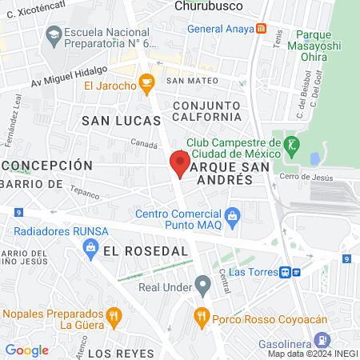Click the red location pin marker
(179, 162)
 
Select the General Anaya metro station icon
(262, 29)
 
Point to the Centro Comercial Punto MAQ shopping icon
(233, 215)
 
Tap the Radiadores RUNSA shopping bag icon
(90, 249)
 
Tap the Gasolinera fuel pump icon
(321, 339)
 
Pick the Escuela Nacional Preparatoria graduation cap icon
(54, 34)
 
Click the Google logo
(26, 350)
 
